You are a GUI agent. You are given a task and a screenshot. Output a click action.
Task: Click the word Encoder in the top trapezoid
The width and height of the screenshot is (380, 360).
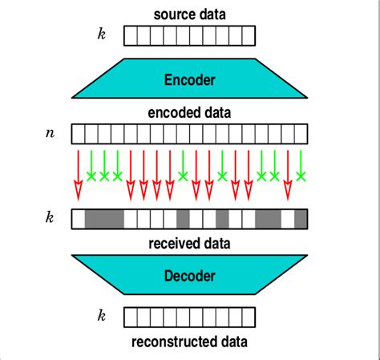pyautogui.click(x=189, y=80)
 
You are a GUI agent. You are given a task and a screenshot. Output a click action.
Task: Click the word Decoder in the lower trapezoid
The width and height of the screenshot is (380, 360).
pyautogui.click(x=189, y=276)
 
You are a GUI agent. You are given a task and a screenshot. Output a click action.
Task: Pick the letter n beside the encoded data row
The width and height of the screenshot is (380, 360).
pyautogui.click(x=50, y=131)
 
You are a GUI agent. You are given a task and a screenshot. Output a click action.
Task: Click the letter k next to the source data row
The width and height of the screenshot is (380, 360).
pyautogui.click(x=101, y=35)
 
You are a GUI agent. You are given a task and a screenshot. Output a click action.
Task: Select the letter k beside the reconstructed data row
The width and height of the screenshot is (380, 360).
pyautogui.click(x=101, y=317)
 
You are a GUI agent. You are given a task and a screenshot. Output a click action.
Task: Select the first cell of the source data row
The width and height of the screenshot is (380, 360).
pyautogui.click(x=131, y=35)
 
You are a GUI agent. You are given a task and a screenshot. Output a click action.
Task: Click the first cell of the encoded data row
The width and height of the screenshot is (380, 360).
pyautogui.click(x=79, y=132)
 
